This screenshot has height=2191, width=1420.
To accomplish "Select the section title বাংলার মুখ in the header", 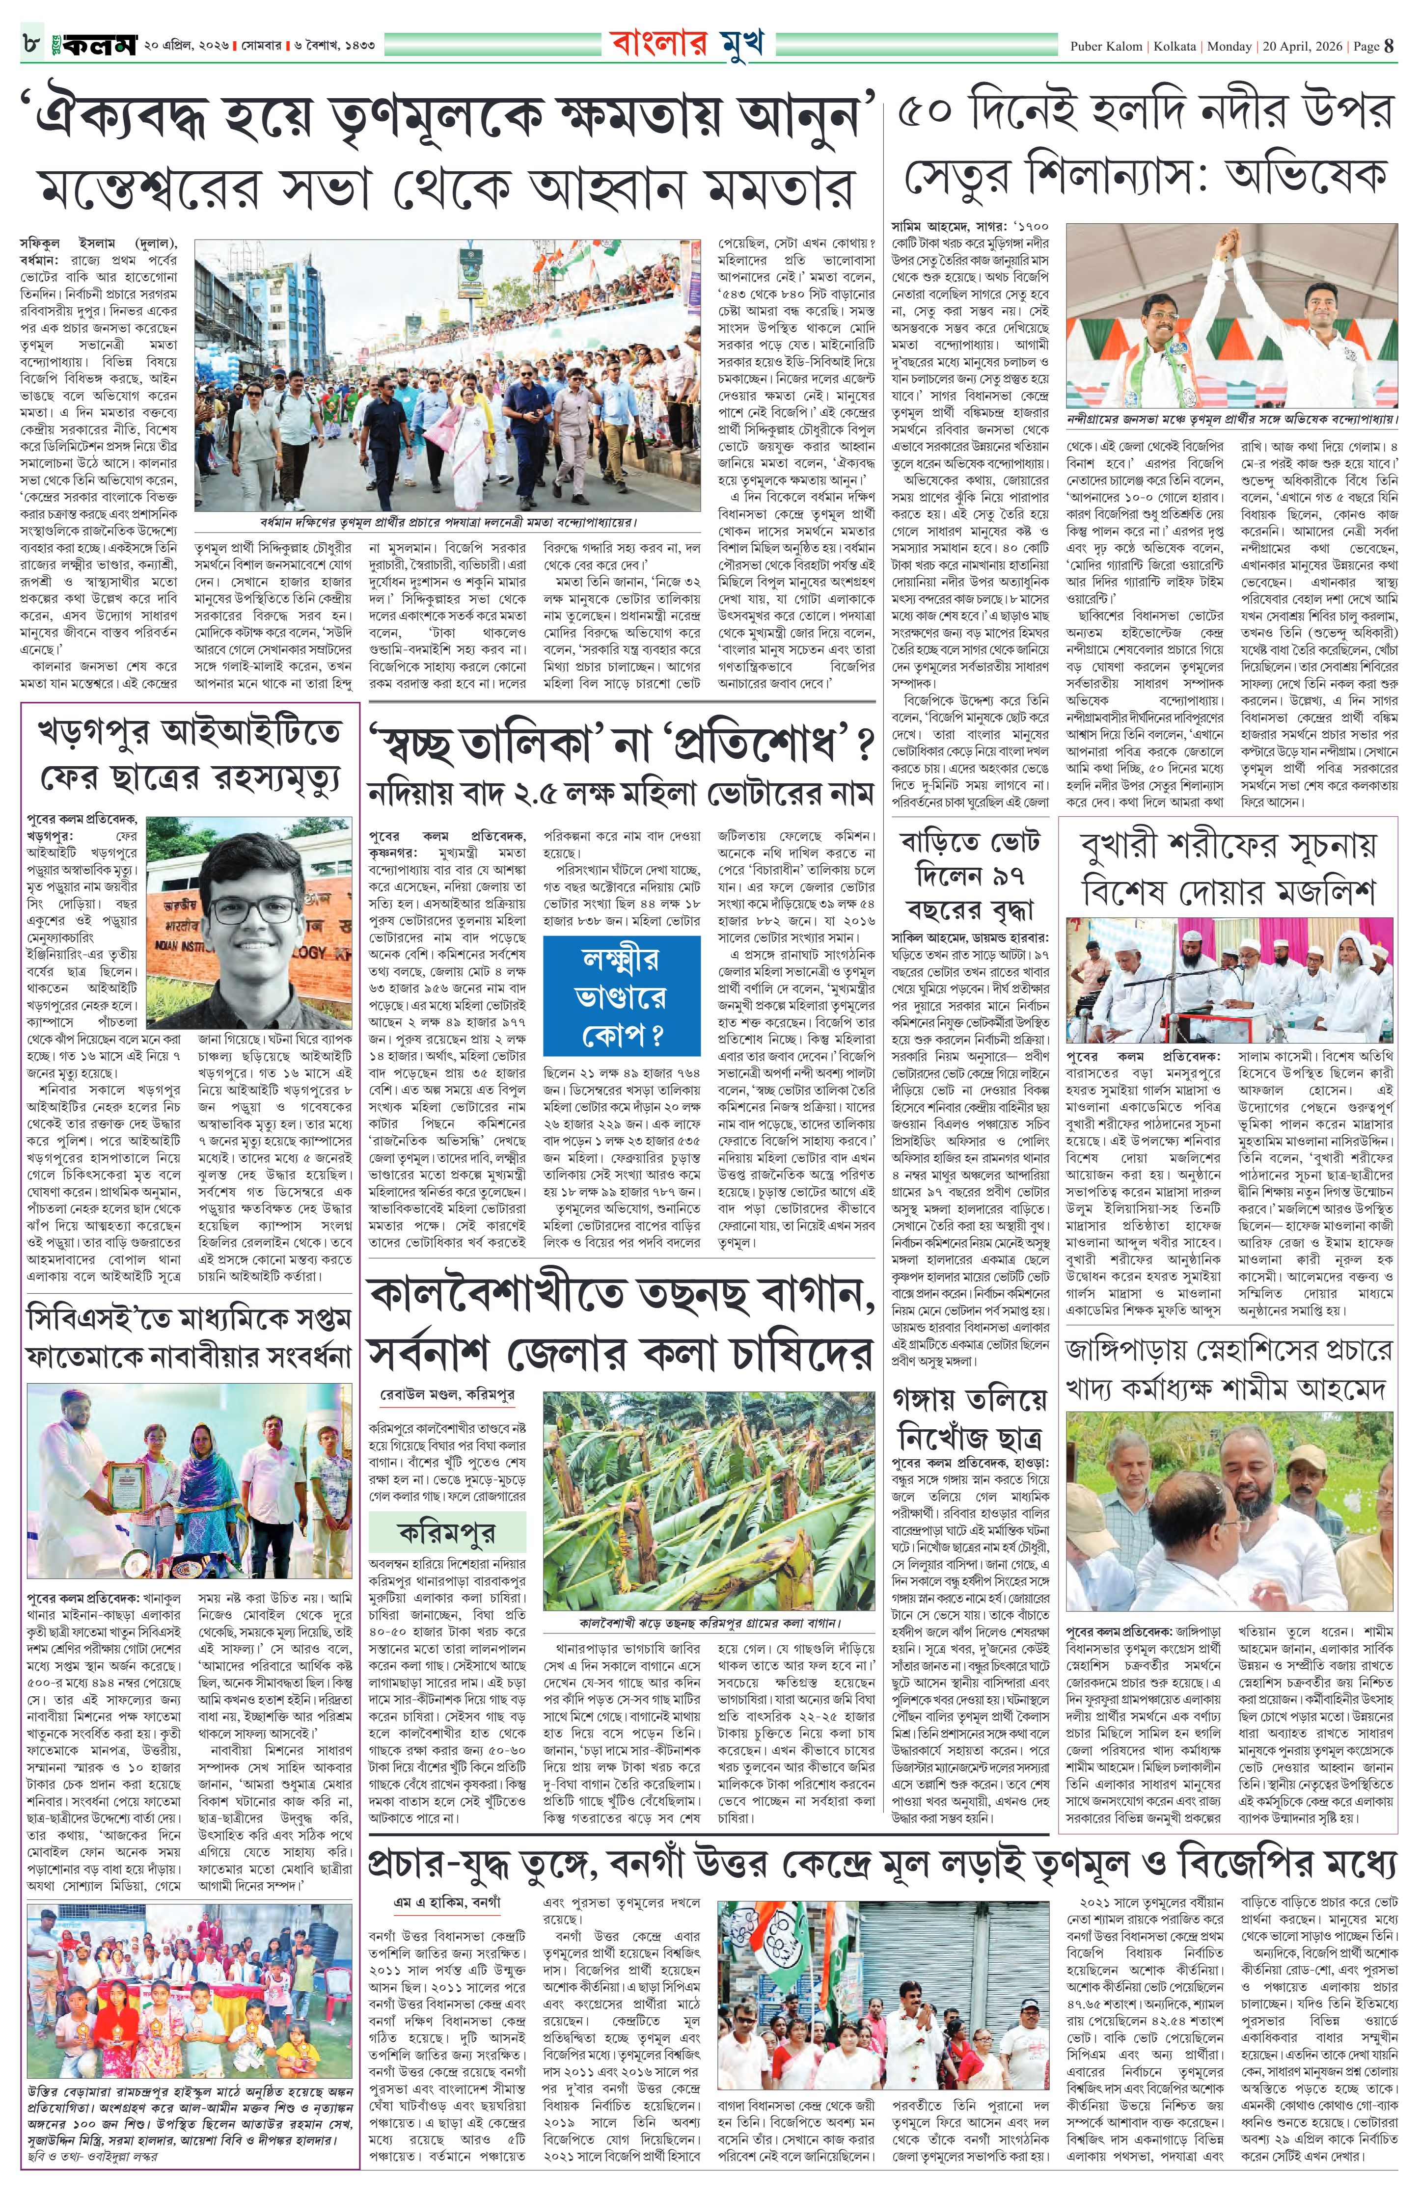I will (686, 43).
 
